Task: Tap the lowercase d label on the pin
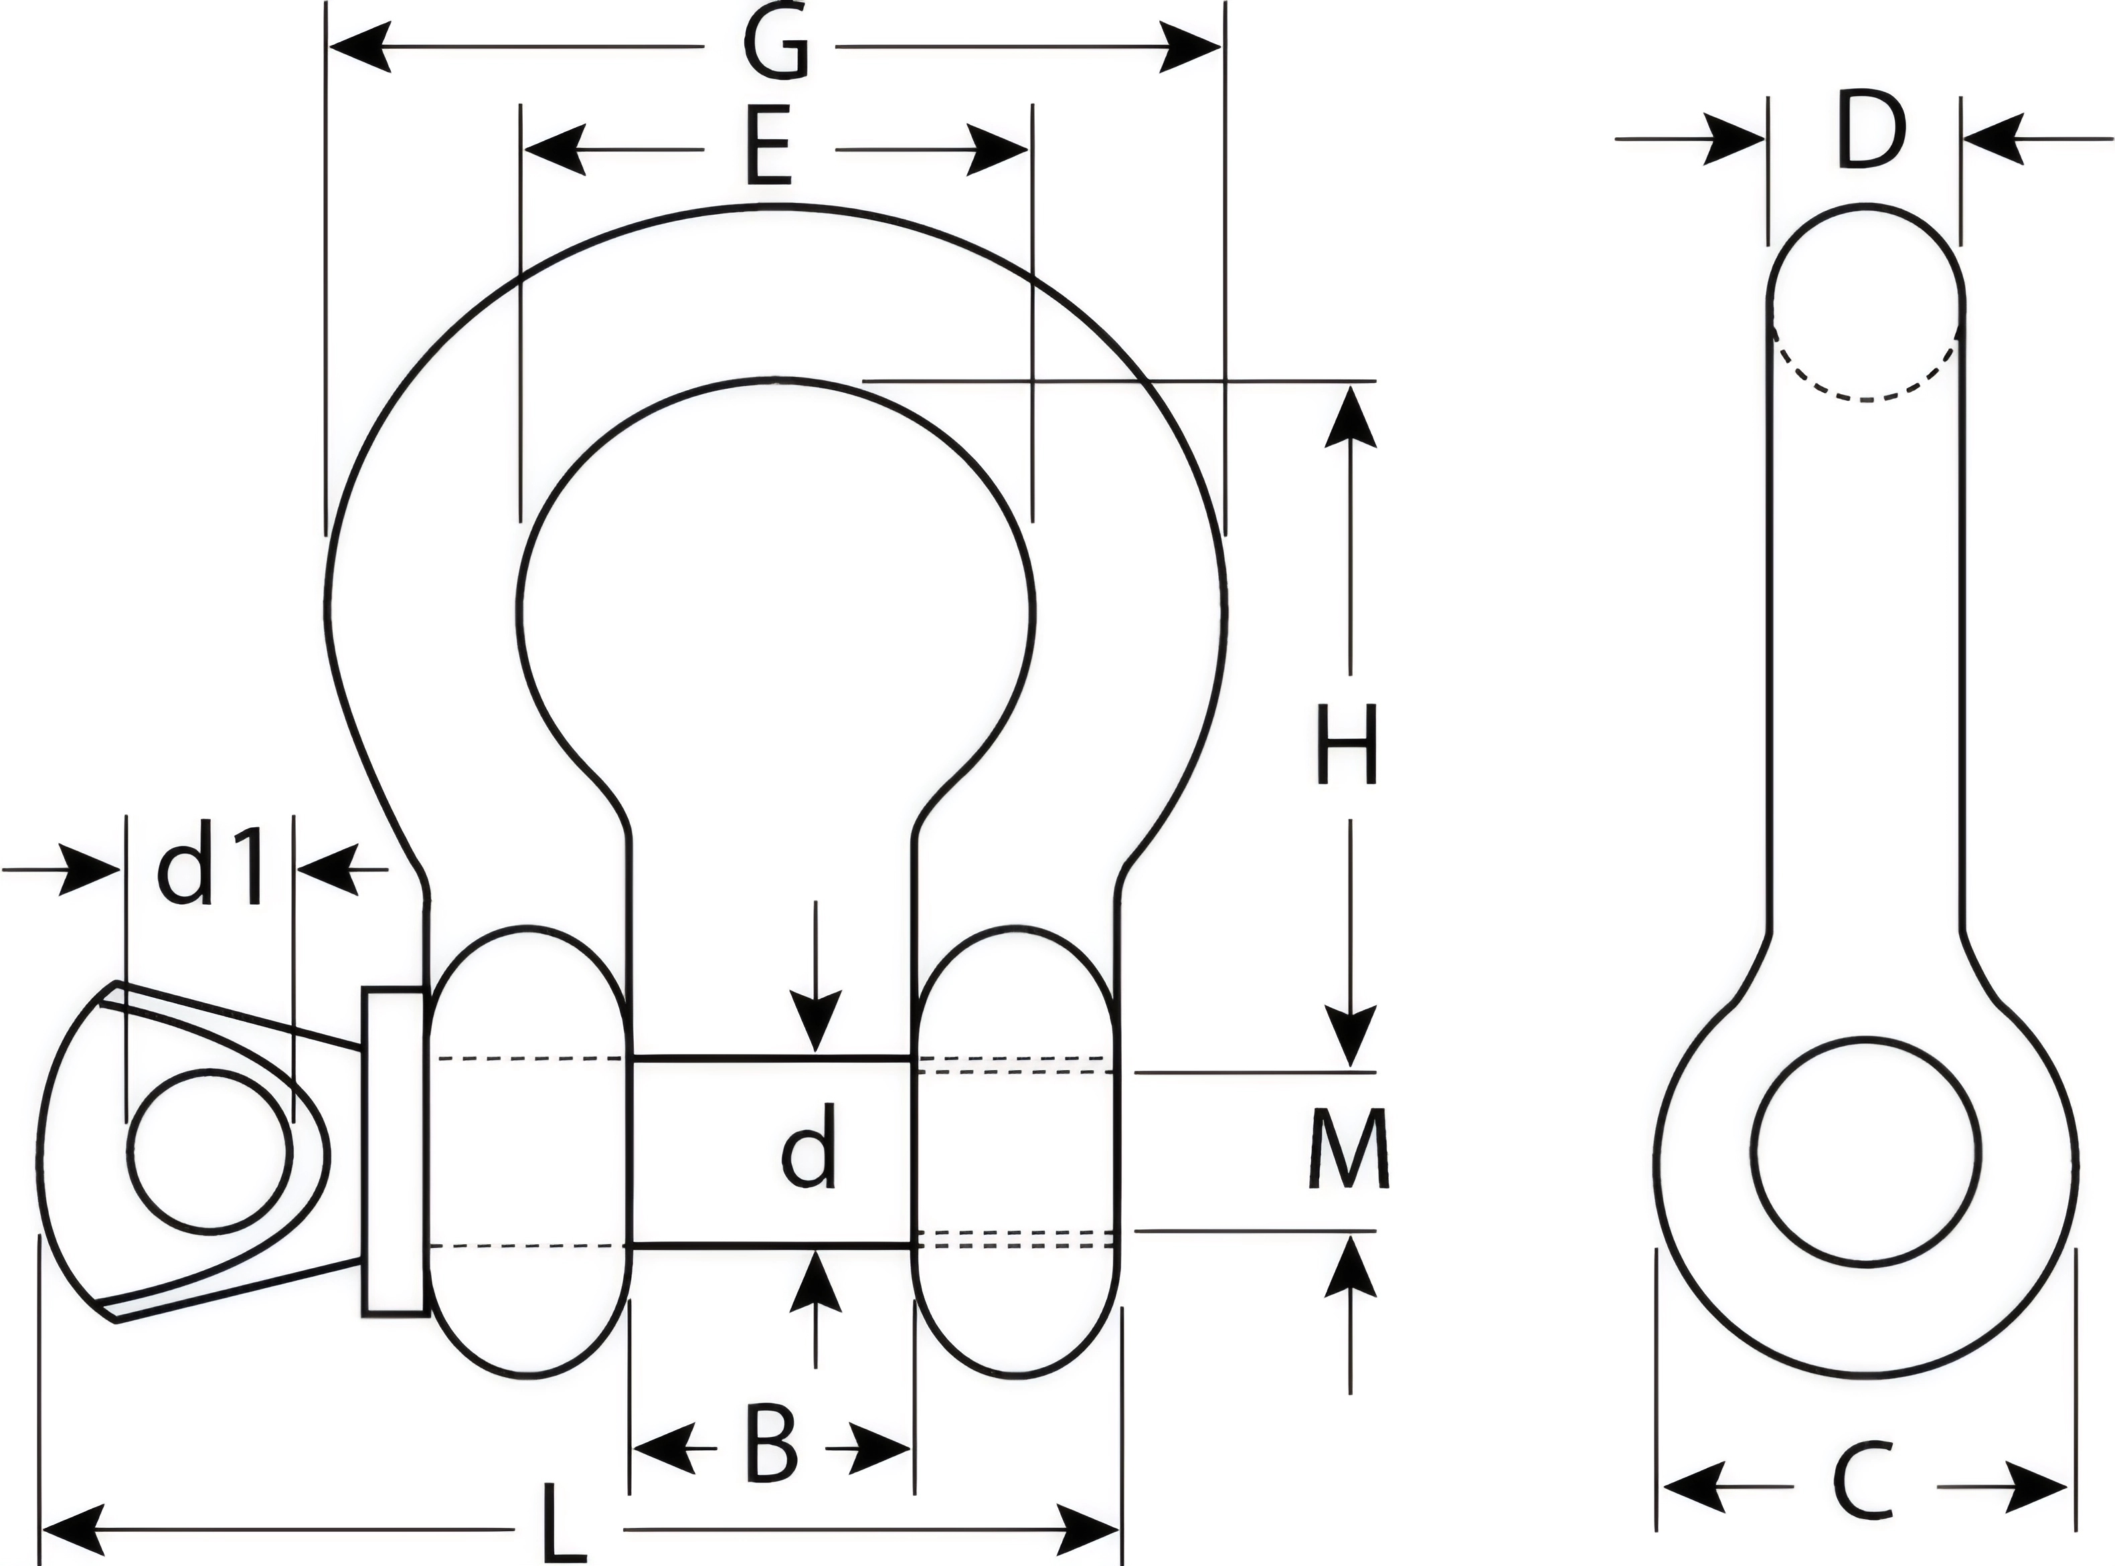point(810,1146)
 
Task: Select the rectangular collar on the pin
point(394,1151)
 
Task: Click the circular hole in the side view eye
point(1867,1150)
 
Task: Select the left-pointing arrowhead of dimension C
point(1692,1486)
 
